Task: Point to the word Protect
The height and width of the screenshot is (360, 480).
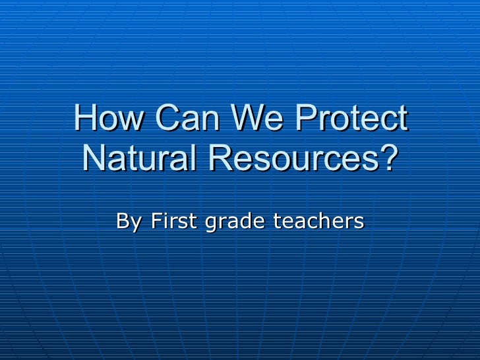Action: pos(351,119)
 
